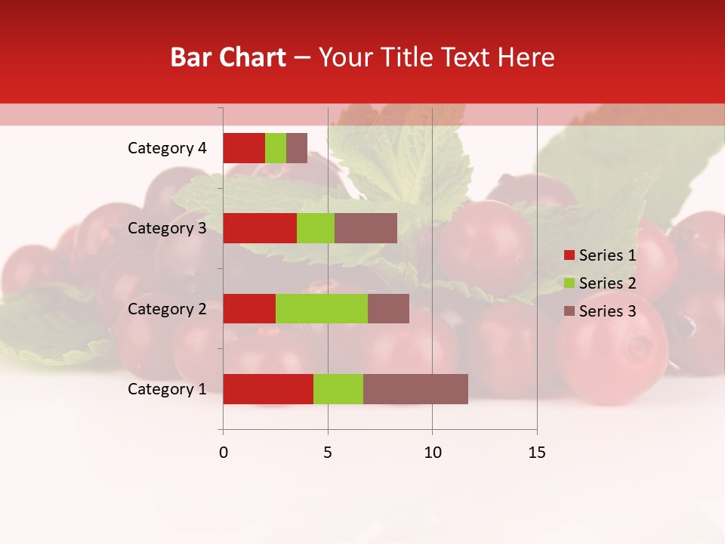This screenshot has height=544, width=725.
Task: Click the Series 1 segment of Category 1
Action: (268, 389)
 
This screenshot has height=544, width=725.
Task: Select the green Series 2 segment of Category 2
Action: (322, 308)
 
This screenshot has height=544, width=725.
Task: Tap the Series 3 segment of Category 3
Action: (366, 228)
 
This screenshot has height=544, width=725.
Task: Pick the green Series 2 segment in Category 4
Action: (276, 148)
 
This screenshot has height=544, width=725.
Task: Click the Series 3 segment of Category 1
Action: (415, 389)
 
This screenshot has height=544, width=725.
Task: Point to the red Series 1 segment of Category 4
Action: (244, 148)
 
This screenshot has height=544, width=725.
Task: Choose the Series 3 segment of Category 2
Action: (388, 308)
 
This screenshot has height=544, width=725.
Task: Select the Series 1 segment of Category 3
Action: (260, 228)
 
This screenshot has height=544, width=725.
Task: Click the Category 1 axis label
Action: (167, 389)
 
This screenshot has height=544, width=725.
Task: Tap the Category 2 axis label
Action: (167, 309)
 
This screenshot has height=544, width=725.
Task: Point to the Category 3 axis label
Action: (167, 228)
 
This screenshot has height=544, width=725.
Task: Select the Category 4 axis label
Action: (167, 148)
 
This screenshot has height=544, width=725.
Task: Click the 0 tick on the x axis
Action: (224, 453)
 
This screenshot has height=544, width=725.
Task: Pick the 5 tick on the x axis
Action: (328, 453)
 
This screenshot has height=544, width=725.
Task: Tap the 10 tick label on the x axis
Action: (432, 453)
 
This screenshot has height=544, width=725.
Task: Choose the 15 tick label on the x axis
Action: (537, 453)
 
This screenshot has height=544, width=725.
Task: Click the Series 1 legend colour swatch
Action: (569, 255)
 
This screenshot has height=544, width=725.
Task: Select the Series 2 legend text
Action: (607, 283)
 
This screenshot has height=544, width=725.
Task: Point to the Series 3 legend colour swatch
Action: (569, 311)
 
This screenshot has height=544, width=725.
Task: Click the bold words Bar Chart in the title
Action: (228, 57)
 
